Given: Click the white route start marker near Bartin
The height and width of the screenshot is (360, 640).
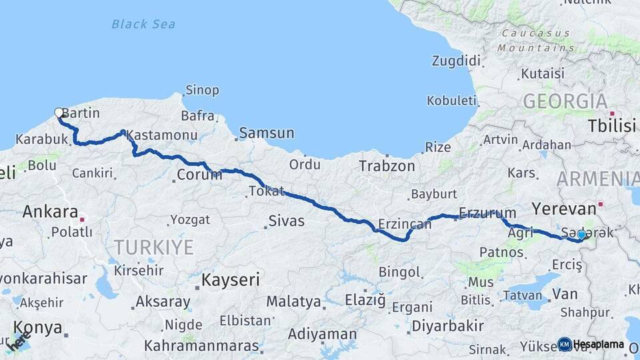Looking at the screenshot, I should tap(59, 113).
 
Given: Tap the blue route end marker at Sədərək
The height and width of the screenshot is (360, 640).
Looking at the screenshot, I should tap(581, 235).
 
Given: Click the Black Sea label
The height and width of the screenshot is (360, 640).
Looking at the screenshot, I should tap(143, 24).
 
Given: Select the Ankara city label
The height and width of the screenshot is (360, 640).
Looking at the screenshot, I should tap(50, 212).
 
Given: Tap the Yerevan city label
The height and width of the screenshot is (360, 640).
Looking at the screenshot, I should tap(563, 207).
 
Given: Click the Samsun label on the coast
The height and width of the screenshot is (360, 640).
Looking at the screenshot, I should tap(266, 133).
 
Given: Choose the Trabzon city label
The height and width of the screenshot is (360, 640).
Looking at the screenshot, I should tap(387, 166).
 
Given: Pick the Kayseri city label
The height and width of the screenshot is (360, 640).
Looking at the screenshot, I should tap(231, 279).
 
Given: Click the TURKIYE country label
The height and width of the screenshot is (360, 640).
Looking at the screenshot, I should tap(153, 247).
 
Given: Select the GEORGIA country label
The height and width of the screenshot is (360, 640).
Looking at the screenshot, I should tap(565, 101).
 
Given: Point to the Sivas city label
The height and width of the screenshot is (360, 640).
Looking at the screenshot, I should tap(286, 221).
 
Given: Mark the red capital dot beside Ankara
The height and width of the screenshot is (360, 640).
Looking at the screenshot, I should tap(82, 219).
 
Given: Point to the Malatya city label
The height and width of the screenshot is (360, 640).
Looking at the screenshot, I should tap(293, 301).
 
